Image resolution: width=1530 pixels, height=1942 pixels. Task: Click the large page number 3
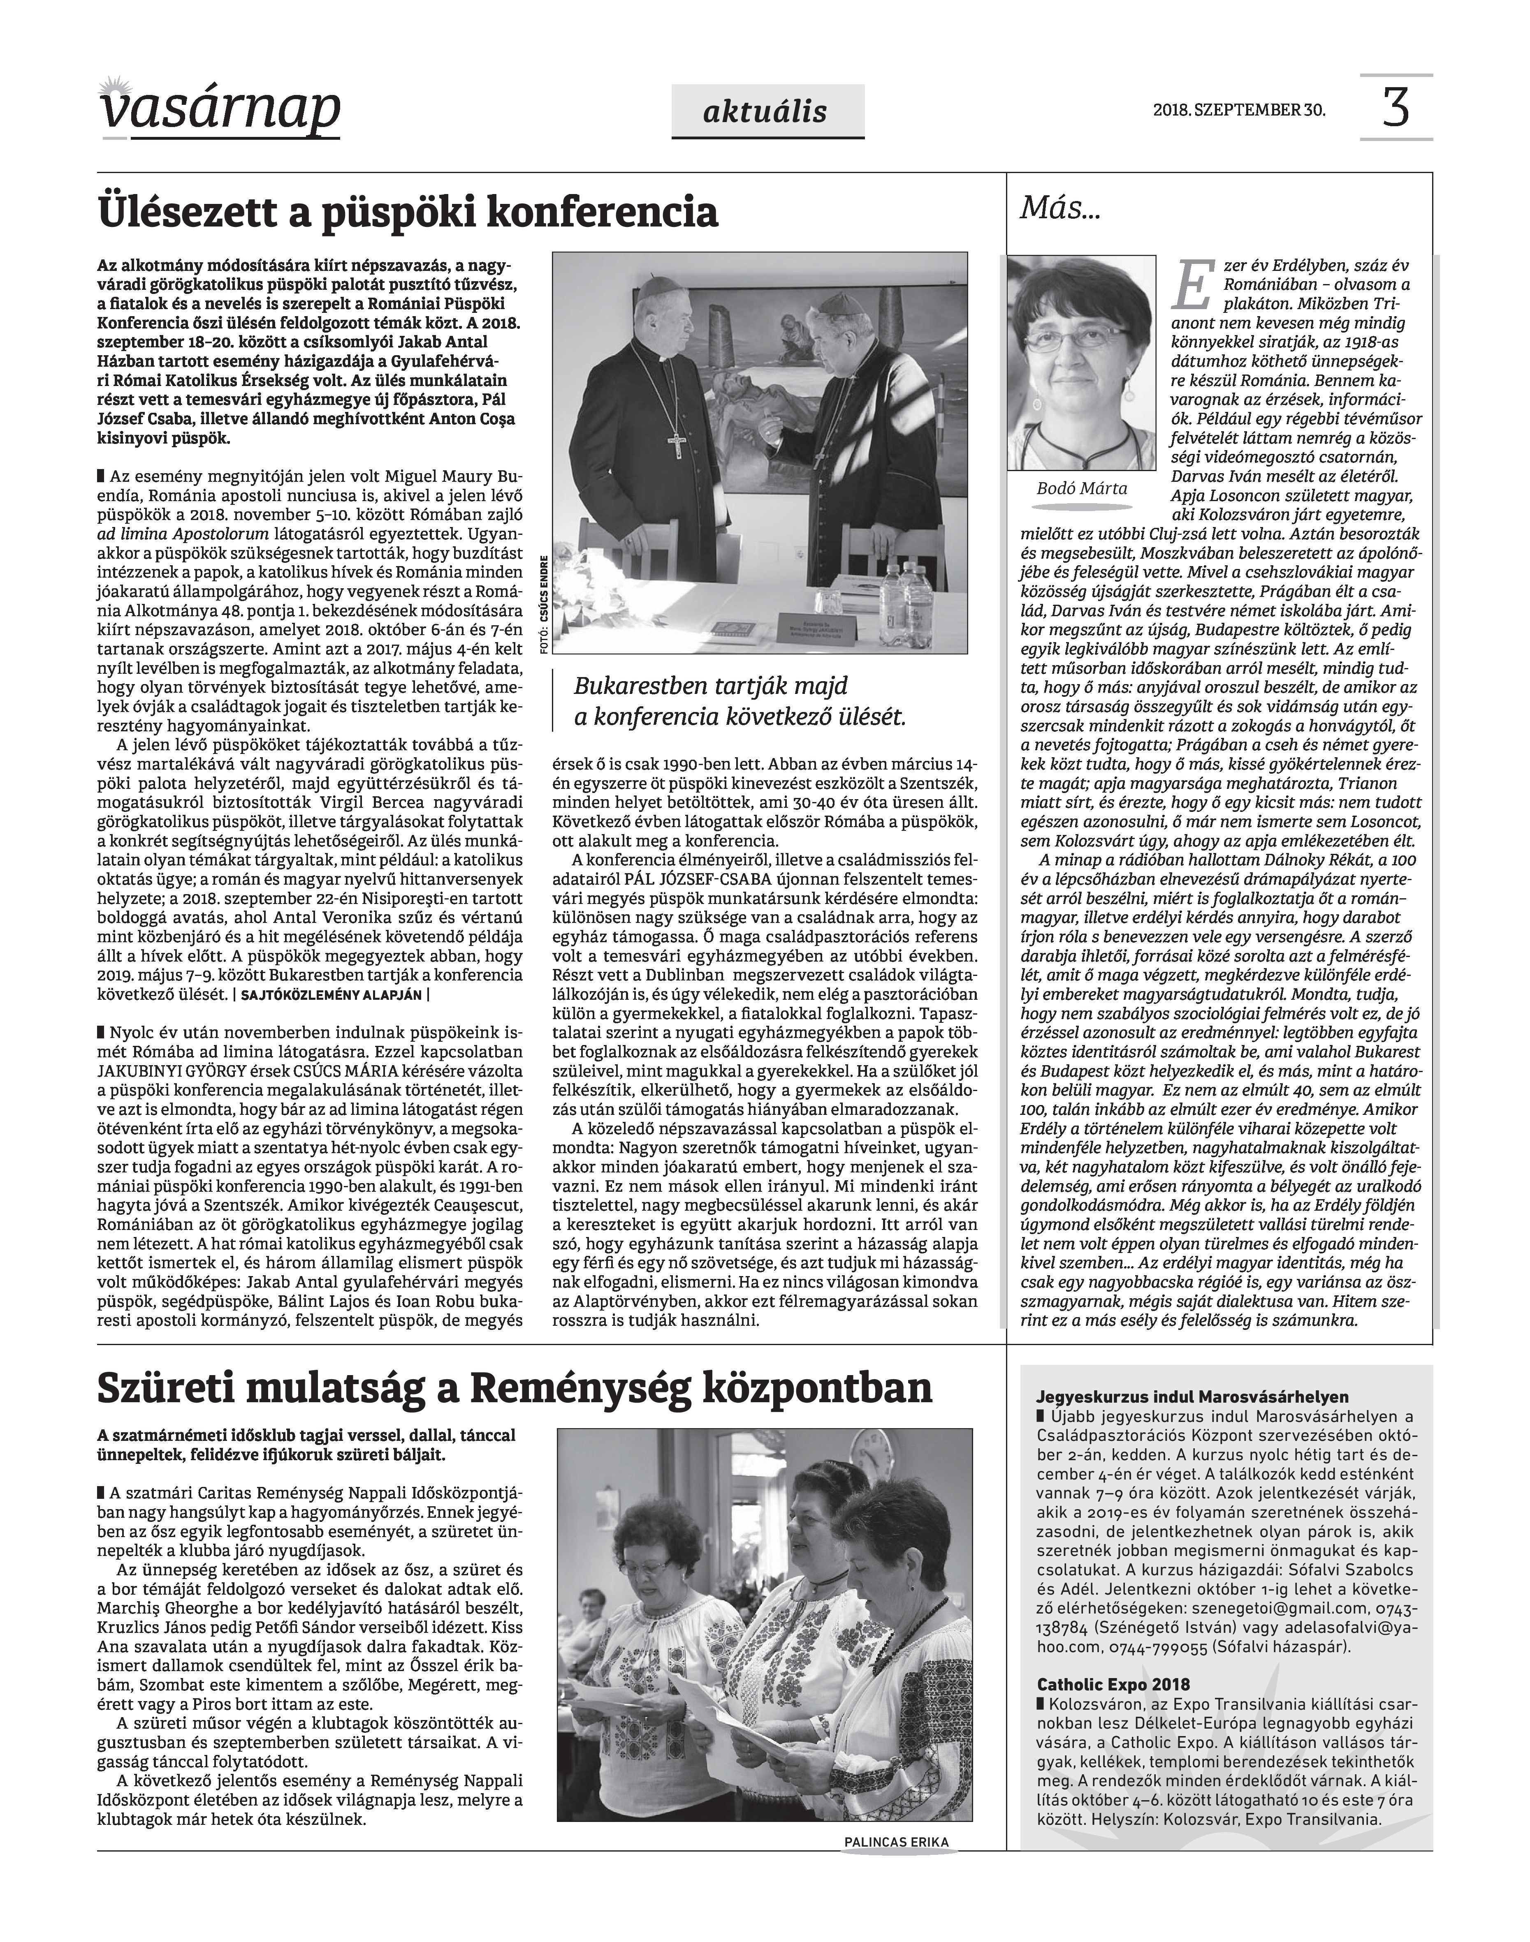(x=1396, y=107)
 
